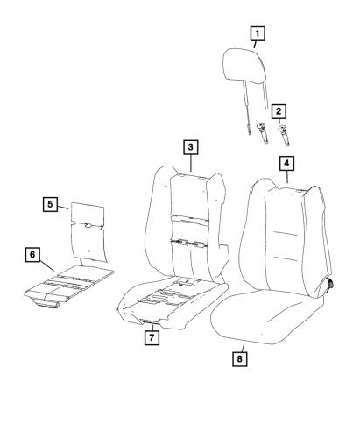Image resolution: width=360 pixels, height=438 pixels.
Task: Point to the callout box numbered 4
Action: click(286, 163)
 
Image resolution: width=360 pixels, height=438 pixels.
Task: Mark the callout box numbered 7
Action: click(152, 337)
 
